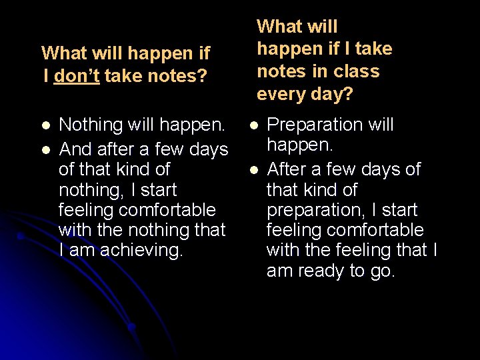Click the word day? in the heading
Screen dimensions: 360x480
pyautogui.click(x=332, y=94)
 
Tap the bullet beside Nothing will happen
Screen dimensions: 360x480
pyautogui.click(x=45, y=125)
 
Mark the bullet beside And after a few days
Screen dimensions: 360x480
pyautogui.click(x=45, y=149)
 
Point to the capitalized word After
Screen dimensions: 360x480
pyautogui.click(x=289, y=169)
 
